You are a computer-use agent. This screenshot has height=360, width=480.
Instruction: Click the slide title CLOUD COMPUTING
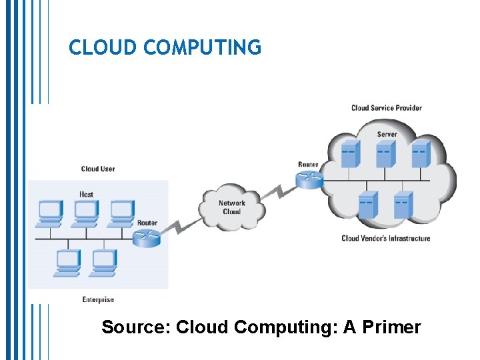click(x=165, y=47)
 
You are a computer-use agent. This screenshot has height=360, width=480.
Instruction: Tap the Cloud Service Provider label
click(x=386, y=108)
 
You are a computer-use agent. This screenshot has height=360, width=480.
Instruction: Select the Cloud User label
click(x=98, y=169)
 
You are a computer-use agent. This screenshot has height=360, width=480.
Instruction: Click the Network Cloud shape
click(x=232, y=207)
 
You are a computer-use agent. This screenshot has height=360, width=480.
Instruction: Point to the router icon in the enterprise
click(x=146, y=238)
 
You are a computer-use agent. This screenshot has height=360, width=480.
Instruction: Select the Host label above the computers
click(x=87, y=194)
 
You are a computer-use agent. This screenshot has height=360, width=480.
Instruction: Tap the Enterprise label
click(x=98, y=299)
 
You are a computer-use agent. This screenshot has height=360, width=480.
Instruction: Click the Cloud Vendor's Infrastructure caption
click(x=385, y=238)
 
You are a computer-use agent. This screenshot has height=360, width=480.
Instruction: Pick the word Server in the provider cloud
click(x=387, y=134)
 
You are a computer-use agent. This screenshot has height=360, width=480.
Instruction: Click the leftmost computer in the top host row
click(x=50, y=212)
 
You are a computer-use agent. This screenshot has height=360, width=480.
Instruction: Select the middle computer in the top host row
click(x=86, y=212)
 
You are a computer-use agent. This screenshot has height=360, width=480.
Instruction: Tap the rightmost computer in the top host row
click(x=122, y=212)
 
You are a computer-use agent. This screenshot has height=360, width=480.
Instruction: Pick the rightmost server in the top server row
click(x=420, y=154)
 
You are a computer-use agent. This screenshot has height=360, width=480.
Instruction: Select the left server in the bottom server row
click(x=367, y=205)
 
